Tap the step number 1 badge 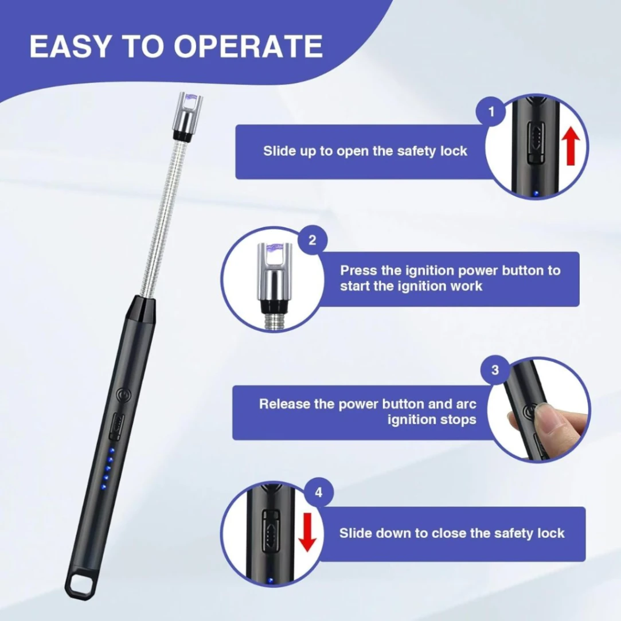pyautogui.click(x=491, y=111)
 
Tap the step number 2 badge pyautogui.click(x=312, y=240)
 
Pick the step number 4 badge pyautogui.click(x=319, y=493)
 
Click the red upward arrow pyautogui.click(x=570, y=146)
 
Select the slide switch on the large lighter pyautogui.click(x=117, y=424)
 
